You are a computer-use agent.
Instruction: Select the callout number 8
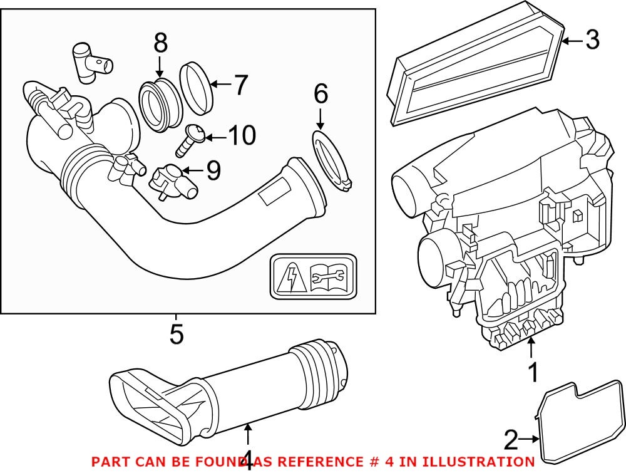click(160, 43)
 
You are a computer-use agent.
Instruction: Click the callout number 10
click(241, 136)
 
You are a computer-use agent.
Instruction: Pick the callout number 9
click(213, 170)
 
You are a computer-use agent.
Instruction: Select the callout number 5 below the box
click(177, 333)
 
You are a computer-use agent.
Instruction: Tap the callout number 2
click(511, 441)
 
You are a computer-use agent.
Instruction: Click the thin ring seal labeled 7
click(197, 88)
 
